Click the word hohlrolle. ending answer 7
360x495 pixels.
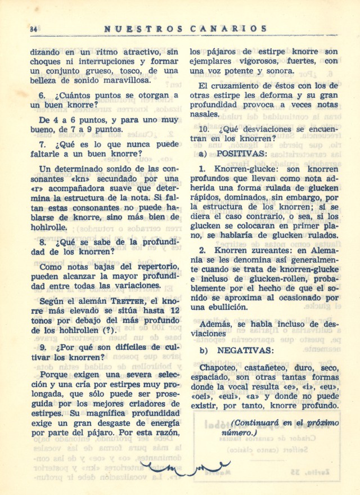click(51, 227)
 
